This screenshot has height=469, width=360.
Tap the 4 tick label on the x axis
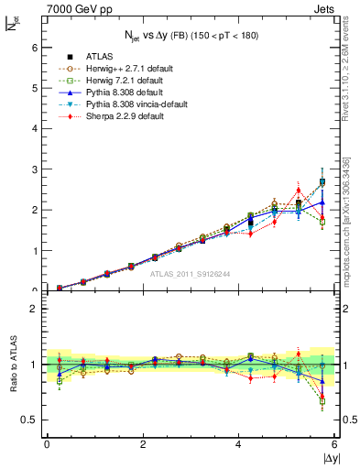(x=239, y=444)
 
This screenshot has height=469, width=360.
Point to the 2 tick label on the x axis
(x=143, y=444)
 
